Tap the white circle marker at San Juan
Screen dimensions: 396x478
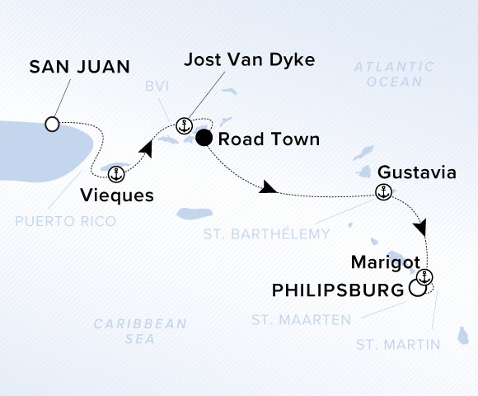coord(53,125)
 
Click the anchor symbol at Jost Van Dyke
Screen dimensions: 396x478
coord(185,125)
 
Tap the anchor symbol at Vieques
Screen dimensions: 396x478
coord(116,173)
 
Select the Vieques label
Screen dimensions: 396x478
coord(117,196)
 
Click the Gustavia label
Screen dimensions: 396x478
coord(416,173)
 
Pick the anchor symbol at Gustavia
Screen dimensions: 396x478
coord(382,193)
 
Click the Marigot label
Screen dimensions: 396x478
coord(380,263)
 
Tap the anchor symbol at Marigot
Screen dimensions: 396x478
coord(425,276)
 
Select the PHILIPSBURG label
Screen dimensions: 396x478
coord(339,290)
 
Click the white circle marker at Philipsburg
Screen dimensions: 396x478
coord(418,290)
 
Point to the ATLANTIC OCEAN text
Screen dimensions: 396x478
coord(388,74)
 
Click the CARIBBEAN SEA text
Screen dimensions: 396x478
coord(140,331)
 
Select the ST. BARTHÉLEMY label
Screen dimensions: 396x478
coord(278,234)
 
